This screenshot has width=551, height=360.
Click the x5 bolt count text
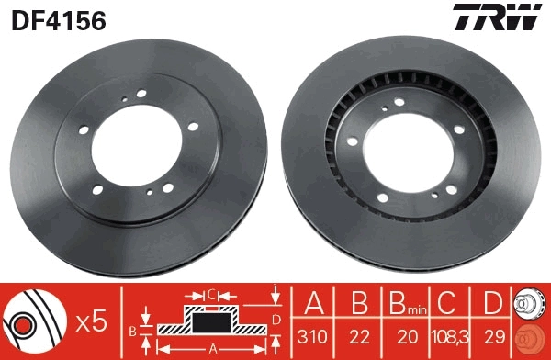tap(92, 321)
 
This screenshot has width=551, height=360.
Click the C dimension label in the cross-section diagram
tap(211, 295)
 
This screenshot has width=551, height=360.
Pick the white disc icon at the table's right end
tap(532, 304)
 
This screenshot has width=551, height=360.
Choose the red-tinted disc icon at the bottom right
tap(532, 337)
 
